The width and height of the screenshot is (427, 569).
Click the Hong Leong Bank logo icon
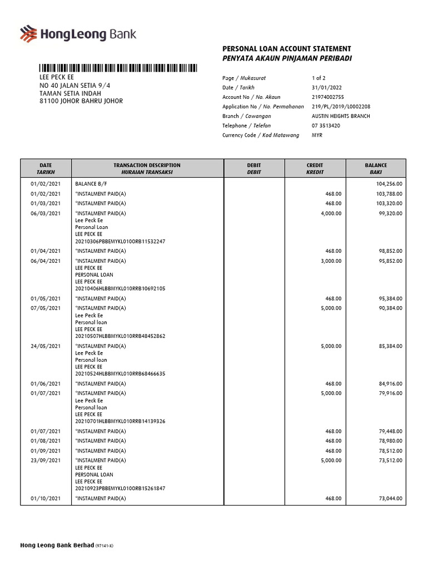tap(28, 34)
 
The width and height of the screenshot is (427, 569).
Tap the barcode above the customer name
tap(118, 68)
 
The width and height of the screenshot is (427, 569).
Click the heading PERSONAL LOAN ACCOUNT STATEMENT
tap(286, 49)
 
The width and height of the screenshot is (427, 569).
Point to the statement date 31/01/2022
tap(325, 88)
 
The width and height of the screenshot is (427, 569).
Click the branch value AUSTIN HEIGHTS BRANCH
tap(341, 116)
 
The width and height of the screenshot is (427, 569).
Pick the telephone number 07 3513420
tap(326, 126)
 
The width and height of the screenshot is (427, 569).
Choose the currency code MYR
tap(317, 135)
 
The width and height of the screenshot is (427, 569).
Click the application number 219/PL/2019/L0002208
tap(341, 107)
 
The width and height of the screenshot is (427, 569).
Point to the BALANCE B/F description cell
tap(92, 183)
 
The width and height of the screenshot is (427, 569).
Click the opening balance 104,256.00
tap(389, 183)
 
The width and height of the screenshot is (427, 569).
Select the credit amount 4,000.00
tap(331, 213)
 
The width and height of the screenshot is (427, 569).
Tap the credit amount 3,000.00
tap(331, 261)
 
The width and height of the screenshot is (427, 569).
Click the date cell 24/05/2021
tap(46, 346)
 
